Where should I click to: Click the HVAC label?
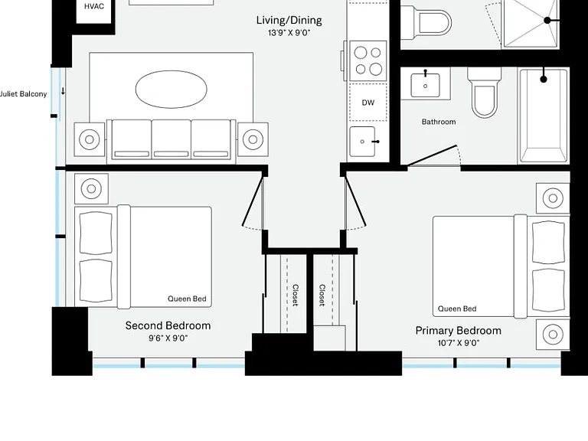[x=93, y=6]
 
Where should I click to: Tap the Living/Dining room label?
[x=289, y=20]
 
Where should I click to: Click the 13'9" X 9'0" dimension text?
[x=289, y=33]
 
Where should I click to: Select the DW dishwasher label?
[x=367, y=103]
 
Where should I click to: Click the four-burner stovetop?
[x=367, y=60]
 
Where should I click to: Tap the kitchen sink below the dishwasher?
[x=362, y=142]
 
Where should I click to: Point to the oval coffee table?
[x=171, y=90]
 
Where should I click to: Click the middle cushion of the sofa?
[x=171, y=139]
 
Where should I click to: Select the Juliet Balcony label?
[x=23, y=94]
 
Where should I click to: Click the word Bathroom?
[x=439, y=122]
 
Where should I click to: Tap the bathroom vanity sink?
[x=425, y=86]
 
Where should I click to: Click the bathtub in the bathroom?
[x=544, y=116]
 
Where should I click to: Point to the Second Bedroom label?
[x=168, y=325]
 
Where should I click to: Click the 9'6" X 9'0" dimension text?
[x=168, y=338]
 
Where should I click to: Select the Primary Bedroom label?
[x=459, y=331]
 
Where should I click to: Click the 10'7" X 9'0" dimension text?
[x=459, y=343]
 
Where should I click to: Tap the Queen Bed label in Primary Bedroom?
[x=457, y=309]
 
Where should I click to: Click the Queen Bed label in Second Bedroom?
[x=187, y=299]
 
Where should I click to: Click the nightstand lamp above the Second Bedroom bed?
[x=91, y=188]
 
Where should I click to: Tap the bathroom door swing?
[x=434, y=155]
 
